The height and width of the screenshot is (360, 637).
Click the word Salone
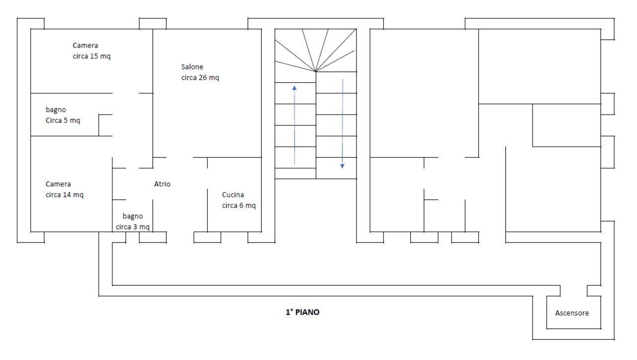192,67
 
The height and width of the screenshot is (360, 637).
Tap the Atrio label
162,184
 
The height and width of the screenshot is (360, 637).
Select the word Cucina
233,195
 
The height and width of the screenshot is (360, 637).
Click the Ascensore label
572,313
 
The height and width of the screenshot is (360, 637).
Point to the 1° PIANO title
303,312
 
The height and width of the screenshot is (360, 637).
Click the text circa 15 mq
92,56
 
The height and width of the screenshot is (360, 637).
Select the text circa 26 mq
200,77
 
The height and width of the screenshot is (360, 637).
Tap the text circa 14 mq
65,195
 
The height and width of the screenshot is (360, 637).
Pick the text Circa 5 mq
63,120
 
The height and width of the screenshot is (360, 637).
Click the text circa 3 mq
132,227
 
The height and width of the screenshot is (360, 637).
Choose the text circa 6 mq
239,206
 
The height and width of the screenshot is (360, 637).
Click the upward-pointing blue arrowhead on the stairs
294,88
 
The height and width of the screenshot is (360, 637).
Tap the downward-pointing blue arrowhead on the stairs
342,166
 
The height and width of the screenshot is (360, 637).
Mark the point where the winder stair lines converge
316,71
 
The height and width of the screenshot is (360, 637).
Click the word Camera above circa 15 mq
85,45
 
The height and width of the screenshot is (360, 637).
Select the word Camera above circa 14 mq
58,184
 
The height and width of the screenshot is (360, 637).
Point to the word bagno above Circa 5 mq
56,110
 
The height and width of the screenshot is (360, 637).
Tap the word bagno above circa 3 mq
133,216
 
